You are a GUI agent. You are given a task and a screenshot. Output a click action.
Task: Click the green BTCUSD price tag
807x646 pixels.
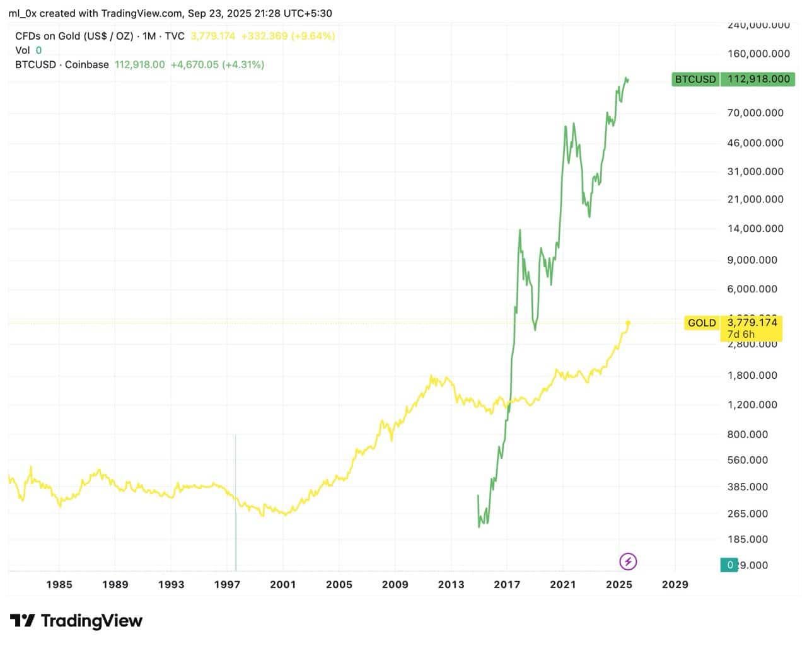point(733,79)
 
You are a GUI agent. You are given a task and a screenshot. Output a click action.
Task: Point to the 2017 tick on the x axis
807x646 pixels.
point(507,584)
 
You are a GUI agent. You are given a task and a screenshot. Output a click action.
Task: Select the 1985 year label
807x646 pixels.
point(59,584)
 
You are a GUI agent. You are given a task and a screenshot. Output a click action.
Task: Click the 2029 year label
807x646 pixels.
point(675,584)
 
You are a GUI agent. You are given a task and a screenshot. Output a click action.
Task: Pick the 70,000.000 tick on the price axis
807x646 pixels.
point(755,113)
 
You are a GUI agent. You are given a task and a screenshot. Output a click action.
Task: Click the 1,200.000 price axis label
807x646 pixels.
point(752,405)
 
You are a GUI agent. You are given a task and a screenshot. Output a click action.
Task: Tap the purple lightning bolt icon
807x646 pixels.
point(628,561)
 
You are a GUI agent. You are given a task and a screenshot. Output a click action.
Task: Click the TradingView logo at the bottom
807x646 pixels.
point(76,621)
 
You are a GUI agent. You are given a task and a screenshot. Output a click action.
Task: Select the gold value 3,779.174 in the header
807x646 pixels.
point(212,36)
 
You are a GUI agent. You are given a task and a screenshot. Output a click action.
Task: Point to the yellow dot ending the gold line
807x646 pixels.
point(628,323)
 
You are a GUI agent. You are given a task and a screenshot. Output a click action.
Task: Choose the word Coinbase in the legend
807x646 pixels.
point(87,64)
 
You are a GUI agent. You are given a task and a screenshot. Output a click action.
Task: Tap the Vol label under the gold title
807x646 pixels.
point(22,50)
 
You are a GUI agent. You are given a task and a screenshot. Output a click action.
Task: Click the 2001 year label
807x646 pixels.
point(283,584)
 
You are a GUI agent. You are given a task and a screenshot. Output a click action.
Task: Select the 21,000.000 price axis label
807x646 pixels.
point(755,199)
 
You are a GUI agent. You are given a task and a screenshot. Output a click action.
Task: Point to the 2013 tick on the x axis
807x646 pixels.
point(451,584)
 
